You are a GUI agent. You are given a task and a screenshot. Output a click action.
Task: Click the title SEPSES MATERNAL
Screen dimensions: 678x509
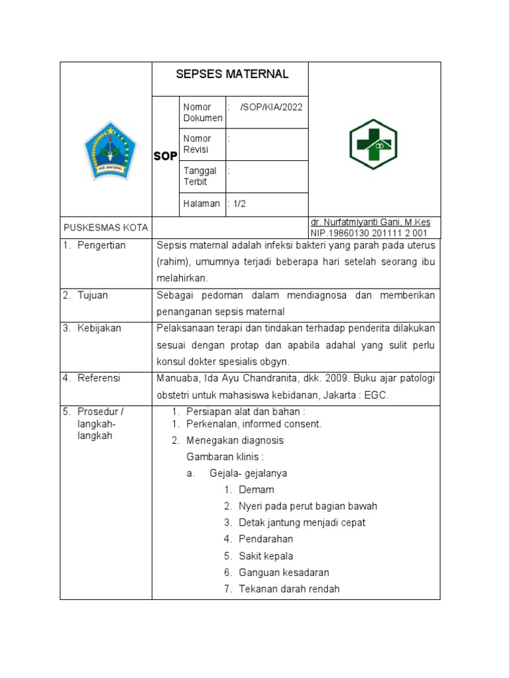point(232,74)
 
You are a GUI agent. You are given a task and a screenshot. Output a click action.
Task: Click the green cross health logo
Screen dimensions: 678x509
point(373,144)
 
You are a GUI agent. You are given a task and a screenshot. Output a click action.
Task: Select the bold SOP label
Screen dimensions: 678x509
point(165,156)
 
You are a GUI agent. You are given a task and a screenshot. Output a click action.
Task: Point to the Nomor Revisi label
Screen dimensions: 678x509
point(197,144)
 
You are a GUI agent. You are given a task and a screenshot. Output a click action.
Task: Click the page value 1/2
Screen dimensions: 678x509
point(238,204)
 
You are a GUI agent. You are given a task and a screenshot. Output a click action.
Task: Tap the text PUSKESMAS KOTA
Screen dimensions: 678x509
point(105,228)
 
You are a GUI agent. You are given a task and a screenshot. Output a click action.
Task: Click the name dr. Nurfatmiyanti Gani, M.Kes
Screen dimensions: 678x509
point(370,222)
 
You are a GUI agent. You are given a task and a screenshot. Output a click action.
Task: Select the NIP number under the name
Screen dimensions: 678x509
point(368,234)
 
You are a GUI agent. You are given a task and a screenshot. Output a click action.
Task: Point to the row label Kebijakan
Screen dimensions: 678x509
point(99,328)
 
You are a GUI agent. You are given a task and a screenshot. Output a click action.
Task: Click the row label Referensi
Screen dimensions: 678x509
point(99,378)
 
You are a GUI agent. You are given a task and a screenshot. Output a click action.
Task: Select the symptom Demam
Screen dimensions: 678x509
point(256,490)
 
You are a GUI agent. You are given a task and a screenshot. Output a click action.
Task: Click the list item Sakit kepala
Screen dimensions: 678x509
point(266,556)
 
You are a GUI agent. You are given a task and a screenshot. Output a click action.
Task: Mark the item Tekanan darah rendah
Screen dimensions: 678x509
point(289,589)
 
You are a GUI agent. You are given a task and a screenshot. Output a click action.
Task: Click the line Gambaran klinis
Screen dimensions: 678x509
point(225,457)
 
